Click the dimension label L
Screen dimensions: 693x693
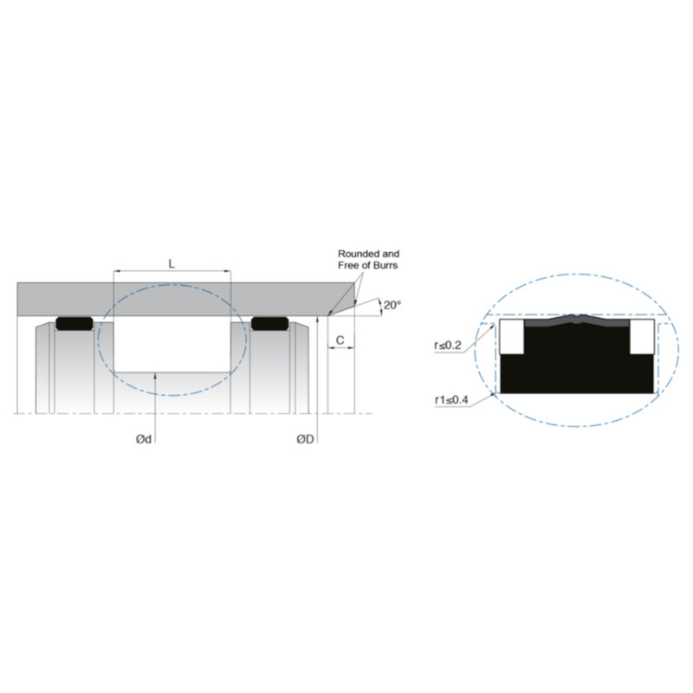172,264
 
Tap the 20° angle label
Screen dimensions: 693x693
392,305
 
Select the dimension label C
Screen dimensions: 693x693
340,340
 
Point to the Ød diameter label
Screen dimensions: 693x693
144,439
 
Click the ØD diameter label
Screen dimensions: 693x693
305,439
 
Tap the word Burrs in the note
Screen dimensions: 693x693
385,265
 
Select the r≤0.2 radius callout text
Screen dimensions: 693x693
448,345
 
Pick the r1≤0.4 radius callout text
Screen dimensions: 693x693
451,400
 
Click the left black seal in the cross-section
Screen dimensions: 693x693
74,323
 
